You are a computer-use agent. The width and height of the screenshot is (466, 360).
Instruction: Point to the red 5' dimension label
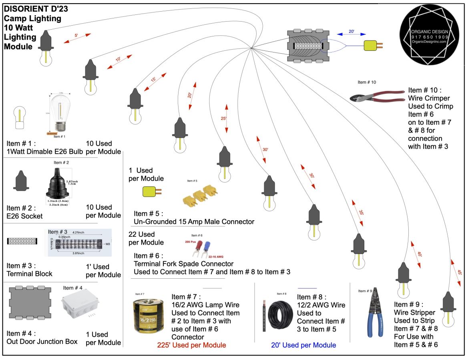(76, 36)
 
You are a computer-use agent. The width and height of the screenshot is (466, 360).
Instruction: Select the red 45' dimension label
(460, 272)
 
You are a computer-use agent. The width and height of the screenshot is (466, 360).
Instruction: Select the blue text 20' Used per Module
(303, 345)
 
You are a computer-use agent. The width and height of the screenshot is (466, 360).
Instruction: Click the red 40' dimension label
(419, 254)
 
